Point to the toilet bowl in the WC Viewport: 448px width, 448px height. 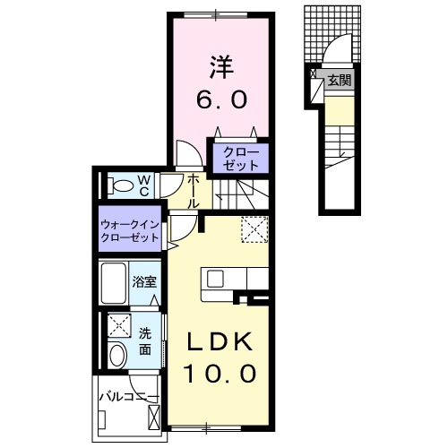click(120, 186)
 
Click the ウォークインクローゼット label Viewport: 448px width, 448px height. click(131, 231)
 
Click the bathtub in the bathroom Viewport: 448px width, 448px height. click(114, 282)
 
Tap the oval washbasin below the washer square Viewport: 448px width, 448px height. click(117, 356)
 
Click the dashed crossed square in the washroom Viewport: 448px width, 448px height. click(117, 324)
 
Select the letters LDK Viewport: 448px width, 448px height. click(220, 341)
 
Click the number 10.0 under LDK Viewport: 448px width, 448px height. click(220, 372)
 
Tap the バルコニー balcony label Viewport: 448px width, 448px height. click(128, 396)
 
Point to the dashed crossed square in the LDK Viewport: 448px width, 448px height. click(254, 229)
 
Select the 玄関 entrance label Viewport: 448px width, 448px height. click(338, 81)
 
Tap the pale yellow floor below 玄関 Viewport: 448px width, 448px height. click(338, 112)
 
